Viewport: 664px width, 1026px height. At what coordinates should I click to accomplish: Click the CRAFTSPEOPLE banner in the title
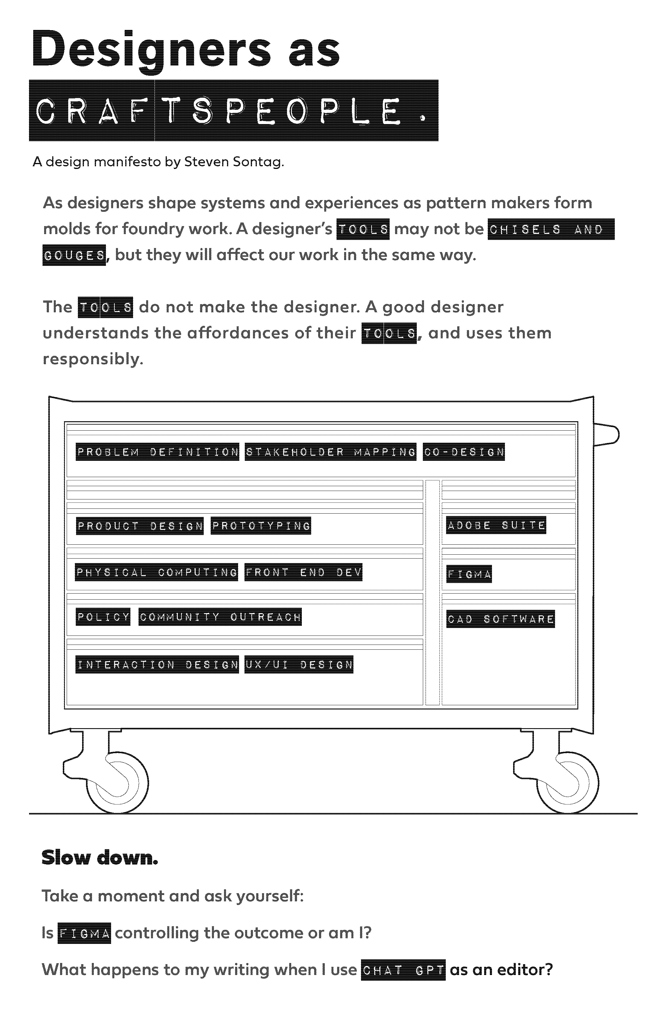[x=233, y=110]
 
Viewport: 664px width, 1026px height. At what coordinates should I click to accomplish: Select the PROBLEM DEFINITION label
[x=157, y=452]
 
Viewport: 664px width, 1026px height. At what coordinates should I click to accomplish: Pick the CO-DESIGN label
[x=464, y=452]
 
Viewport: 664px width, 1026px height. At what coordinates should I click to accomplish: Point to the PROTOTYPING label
[x=261, y=525]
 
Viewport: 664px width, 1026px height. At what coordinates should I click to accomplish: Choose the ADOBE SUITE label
[x=496, y=525]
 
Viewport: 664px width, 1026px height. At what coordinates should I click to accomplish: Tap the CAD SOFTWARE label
[x=500, y=619]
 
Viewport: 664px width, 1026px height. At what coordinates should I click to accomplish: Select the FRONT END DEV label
[x=303, y=572]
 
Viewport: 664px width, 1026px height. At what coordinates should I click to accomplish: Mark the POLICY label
[x=103, y=617]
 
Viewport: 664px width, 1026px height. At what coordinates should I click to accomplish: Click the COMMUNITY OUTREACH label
[x=220, y=617]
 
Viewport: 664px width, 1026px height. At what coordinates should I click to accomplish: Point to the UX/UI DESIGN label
[x=299, y=664]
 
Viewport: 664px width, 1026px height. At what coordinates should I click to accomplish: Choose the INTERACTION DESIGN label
[x=157, y=664]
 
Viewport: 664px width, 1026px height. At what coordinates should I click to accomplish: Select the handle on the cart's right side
[x=606, y=434]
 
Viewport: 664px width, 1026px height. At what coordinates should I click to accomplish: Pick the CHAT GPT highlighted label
[x=403, y=970]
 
